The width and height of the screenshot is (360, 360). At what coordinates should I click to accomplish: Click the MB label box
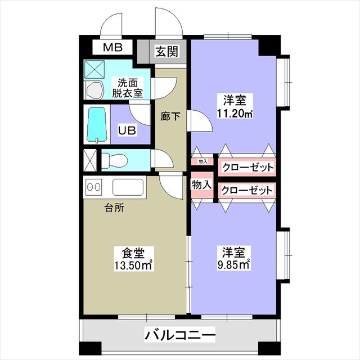pos(112,47)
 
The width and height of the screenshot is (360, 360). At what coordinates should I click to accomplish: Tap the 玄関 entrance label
pos(167,51)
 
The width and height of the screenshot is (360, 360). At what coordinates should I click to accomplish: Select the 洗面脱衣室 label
pos(128,88)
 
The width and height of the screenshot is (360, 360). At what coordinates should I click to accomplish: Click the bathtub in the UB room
pos(97,125)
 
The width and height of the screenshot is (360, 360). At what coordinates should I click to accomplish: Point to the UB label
pos(127,130)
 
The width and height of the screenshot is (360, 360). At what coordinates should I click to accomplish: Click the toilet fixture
pos(114,159)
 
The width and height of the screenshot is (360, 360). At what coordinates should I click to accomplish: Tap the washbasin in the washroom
pos(94,90)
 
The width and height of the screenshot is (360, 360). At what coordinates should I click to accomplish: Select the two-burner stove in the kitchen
pos(94,187)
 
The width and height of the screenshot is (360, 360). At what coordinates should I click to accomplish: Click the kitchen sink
pos(128,187)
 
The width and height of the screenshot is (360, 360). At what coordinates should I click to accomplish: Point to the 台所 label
pos(114,208)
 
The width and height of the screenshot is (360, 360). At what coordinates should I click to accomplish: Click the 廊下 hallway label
pos(170,116)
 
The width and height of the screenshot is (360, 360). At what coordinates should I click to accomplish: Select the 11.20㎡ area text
pos(235,114)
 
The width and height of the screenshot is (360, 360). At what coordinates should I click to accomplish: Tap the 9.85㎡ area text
pos(233,265)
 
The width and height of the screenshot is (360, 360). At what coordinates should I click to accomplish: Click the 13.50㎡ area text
pos(134,265)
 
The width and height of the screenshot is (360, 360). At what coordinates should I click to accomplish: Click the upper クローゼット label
pos(247,168)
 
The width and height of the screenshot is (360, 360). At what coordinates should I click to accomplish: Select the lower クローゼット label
pos(247,190)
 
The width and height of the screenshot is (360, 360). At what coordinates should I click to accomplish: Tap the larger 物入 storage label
pos(201,184)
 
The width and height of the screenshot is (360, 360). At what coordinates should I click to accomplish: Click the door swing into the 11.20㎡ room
pos(200,121)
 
